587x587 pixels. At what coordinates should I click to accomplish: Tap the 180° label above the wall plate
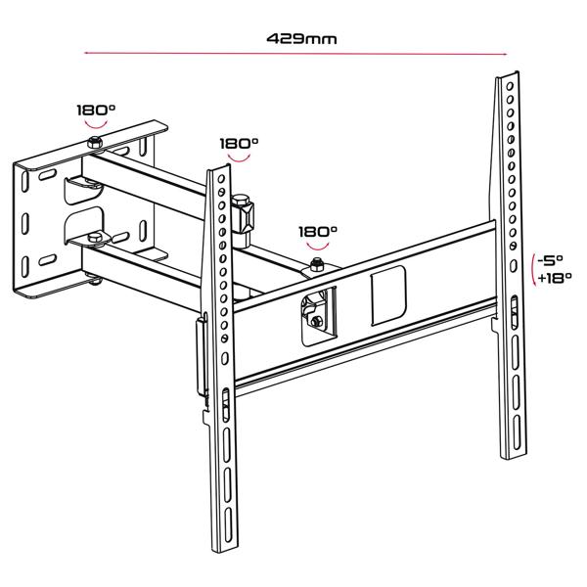coord(96,110)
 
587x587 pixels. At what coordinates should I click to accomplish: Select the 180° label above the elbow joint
coord(239,143)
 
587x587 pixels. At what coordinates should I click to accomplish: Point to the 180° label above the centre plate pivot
coord(318,232)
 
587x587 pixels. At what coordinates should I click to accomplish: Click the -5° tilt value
coord(552,261)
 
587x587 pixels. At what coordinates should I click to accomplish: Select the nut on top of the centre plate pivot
coord(318,266)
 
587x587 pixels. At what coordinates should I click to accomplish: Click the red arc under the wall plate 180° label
coord(96,124)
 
